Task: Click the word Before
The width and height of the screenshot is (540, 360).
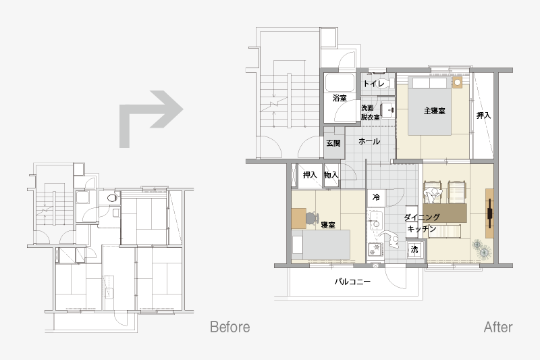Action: pos(230,327)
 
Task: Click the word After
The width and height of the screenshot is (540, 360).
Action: pos(498,327)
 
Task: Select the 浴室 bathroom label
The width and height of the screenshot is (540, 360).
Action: pos(340,98)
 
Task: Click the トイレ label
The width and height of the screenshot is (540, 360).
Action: pos(374,83)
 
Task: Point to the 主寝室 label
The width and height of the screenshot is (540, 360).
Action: pos(434,111)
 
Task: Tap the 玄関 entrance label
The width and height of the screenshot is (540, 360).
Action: pos(333,143)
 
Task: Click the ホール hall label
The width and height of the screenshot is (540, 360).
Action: pos(369,141)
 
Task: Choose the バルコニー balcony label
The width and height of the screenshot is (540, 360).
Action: pos(352,282)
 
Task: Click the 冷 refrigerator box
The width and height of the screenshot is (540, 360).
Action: pos(376,197)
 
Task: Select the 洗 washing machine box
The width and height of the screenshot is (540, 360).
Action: pos(414,249)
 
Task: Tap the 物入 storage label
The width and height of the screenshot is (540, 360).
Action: pos(331,175)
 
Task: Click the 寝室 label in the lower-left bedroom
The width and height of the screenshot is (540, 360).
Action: pos(328,226)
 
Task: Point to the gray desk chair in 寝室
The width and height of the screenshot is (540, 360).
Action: pos(311,217)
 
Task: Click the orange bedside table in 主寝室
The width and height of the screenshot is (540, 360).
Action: pos(458,83)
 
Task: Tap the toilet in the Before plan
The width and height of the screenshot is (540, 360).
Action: pos(111,198)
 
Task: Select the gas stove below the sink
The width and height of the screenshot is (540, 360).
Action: pos(376,249)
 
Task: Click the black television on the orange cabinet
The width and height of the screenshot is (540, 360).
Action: pos(489,213)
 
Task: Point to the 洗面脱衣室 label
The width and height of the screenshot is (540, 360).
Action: pos(371,113)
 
